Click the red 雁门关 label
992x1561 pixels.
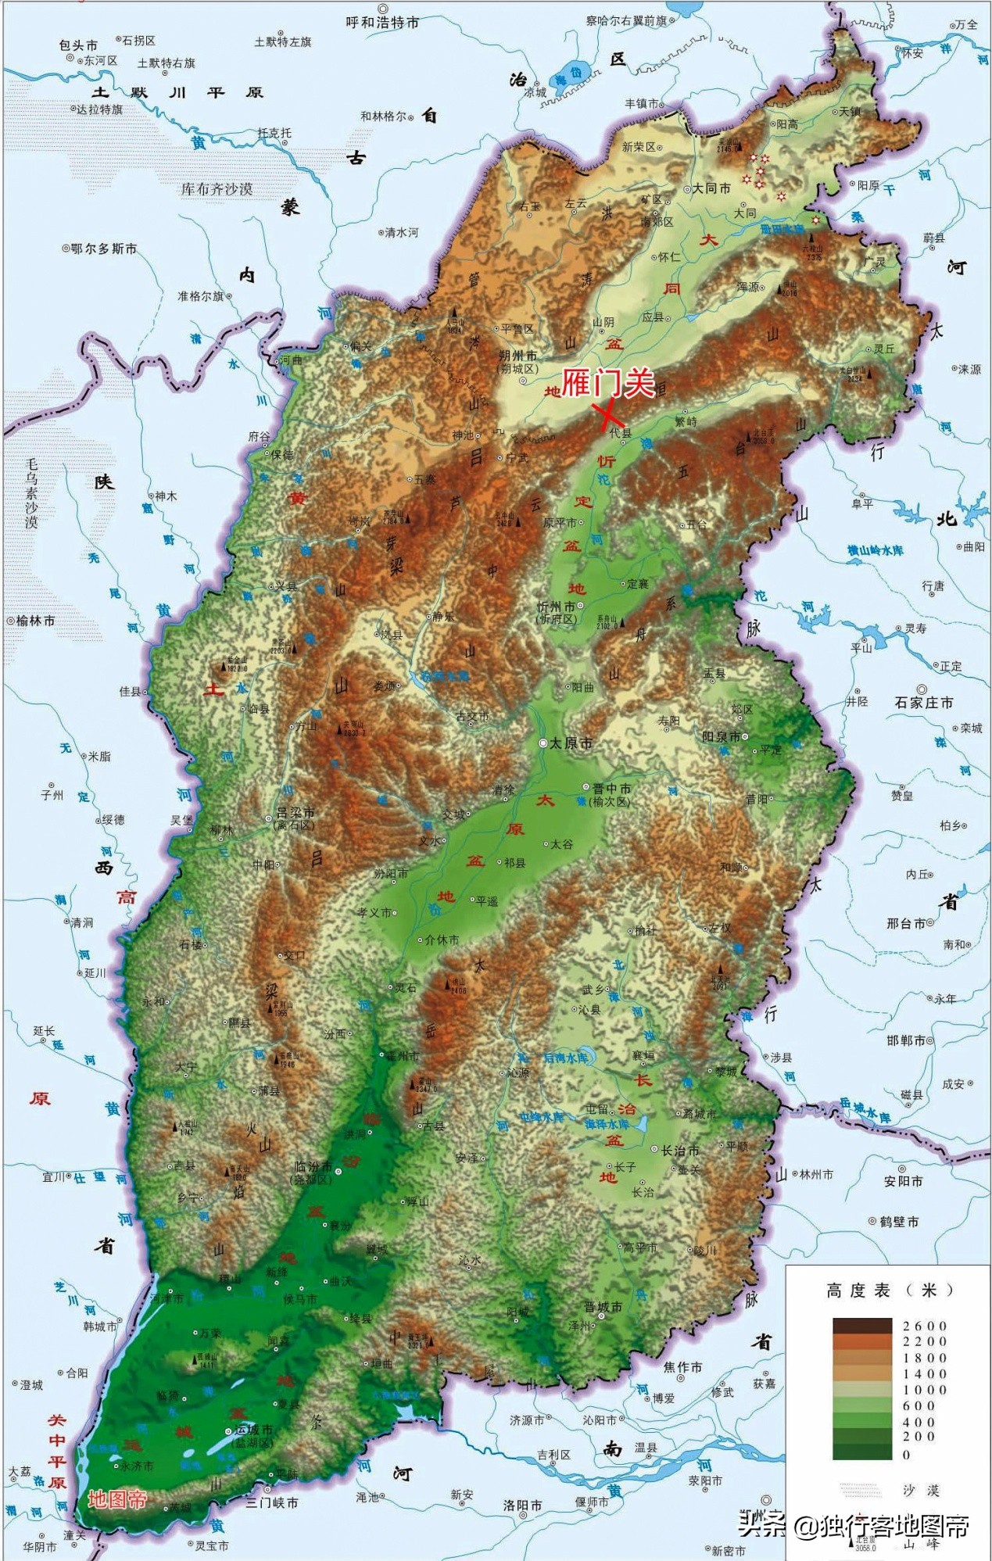[x=608, y=383]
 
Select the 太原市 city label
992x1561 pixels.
[x=571, y=743]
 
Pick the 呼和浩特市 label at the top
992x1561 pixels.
[x=382, y=23]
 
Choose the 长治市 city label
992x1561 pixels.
[x=679, y=1151]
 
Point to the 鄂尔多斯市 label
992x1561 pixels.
[x=103, y=249]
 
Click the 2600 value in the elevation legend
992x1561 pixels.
[x=925, y=1326]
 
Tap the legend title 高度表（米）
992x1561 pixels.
[x=890, y=1291]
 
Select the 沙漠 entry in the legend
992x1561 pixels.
[x=921, y=1490]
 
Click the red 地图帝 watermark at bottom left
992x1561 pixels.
[x=117, y=1499]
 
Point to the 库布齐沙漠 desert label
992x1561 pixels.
[x=217, y=189]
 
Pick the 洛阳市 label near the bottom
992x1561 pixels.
[x=522, y=1505]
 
